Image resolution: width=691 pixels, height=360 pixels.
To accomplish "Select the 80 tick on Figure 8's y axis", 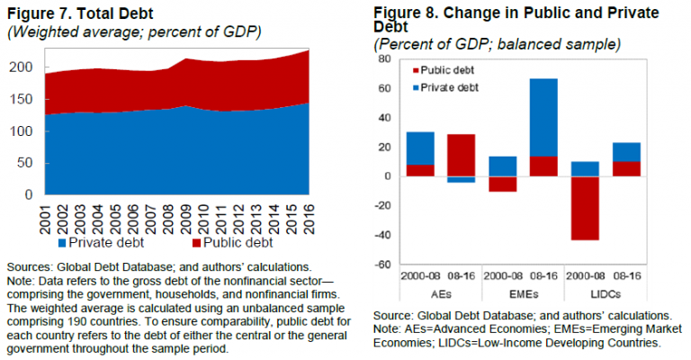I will [x=385, y=59].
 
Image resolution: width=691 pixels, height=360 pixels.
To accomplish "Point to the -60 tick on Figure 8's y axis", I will [x=382, y=265].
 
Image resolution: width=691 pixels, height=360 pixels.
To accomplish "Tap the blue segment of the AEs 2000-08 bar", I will [x=420, y=148].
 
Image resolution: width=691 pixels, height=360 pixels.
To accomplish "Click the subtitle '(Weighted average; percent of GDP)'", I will [x=133, y=32].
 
